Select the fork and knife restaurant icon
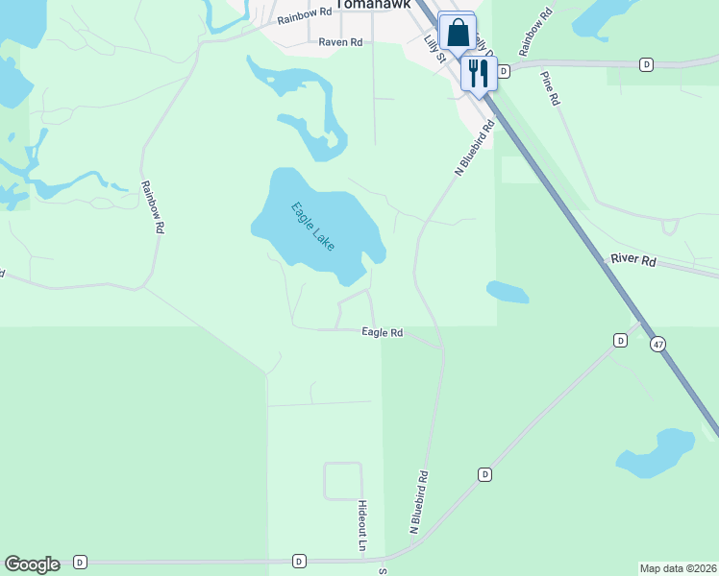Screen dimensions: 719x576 pos(479,72)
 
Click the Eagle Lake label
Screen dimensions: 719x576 pos(314,226)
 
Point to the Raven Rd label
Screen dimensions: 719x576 pos(340,42)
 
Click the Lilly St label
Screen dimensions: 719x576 pos(436,48)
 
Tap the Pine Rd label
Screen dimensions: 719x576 pos(549,88)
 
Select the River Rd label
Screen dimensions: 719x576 pos(633,261)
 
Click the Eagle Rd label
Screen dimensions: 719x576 pos(382,332)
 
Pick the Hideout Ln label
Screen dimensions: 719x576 pos(362,525)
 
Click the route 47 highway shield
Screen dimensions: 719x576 pos(657,344)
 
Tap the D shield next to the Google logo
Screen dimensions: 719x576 pos(80,562)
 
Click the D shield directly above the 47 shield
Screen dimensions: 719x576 pos(621,341)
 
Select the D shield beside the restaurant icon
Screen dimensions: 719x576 pos(503,71)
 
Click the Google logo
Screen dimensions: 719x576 pos(32,564)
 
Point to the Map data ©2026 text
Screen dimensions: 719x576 pos(678,568)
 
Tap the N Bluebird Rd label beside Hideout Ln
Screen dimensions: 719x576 pos(419,501)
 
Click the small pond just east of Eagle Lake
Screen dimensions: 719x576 pos(507,291)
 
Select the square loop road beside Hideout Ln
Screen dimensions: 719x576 pos(342,481)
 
